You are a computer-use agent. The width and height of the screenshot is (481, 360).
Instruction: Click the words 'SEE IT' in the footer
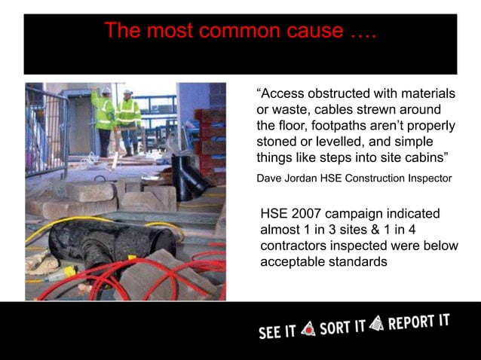[x=277, y=331]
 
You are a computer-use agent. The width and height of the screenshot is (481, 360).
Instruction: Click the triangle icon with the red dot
[x=308, y=329]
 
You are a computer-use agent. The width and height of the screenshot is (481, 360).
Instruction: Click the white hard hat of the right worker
[x=128, y=92]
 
